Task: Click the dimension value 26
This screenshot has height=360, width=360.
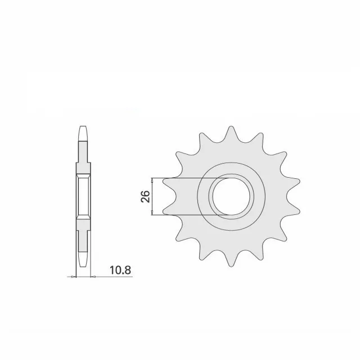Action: (x=144, y=197)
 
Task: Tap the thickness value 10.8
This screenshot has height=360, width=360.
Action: (x=107, y=271)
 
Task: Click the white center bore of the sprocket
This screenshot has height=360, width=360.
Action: (x=231, y=196)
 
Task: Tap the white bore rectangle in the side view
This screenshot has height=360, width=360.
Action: (x=82, y=197)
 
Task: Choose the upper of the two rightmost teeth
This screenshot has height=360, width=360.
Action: (x=292, y=182)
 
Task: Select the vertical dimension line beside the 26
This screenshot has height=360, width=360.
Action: (x=153, y=197)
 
